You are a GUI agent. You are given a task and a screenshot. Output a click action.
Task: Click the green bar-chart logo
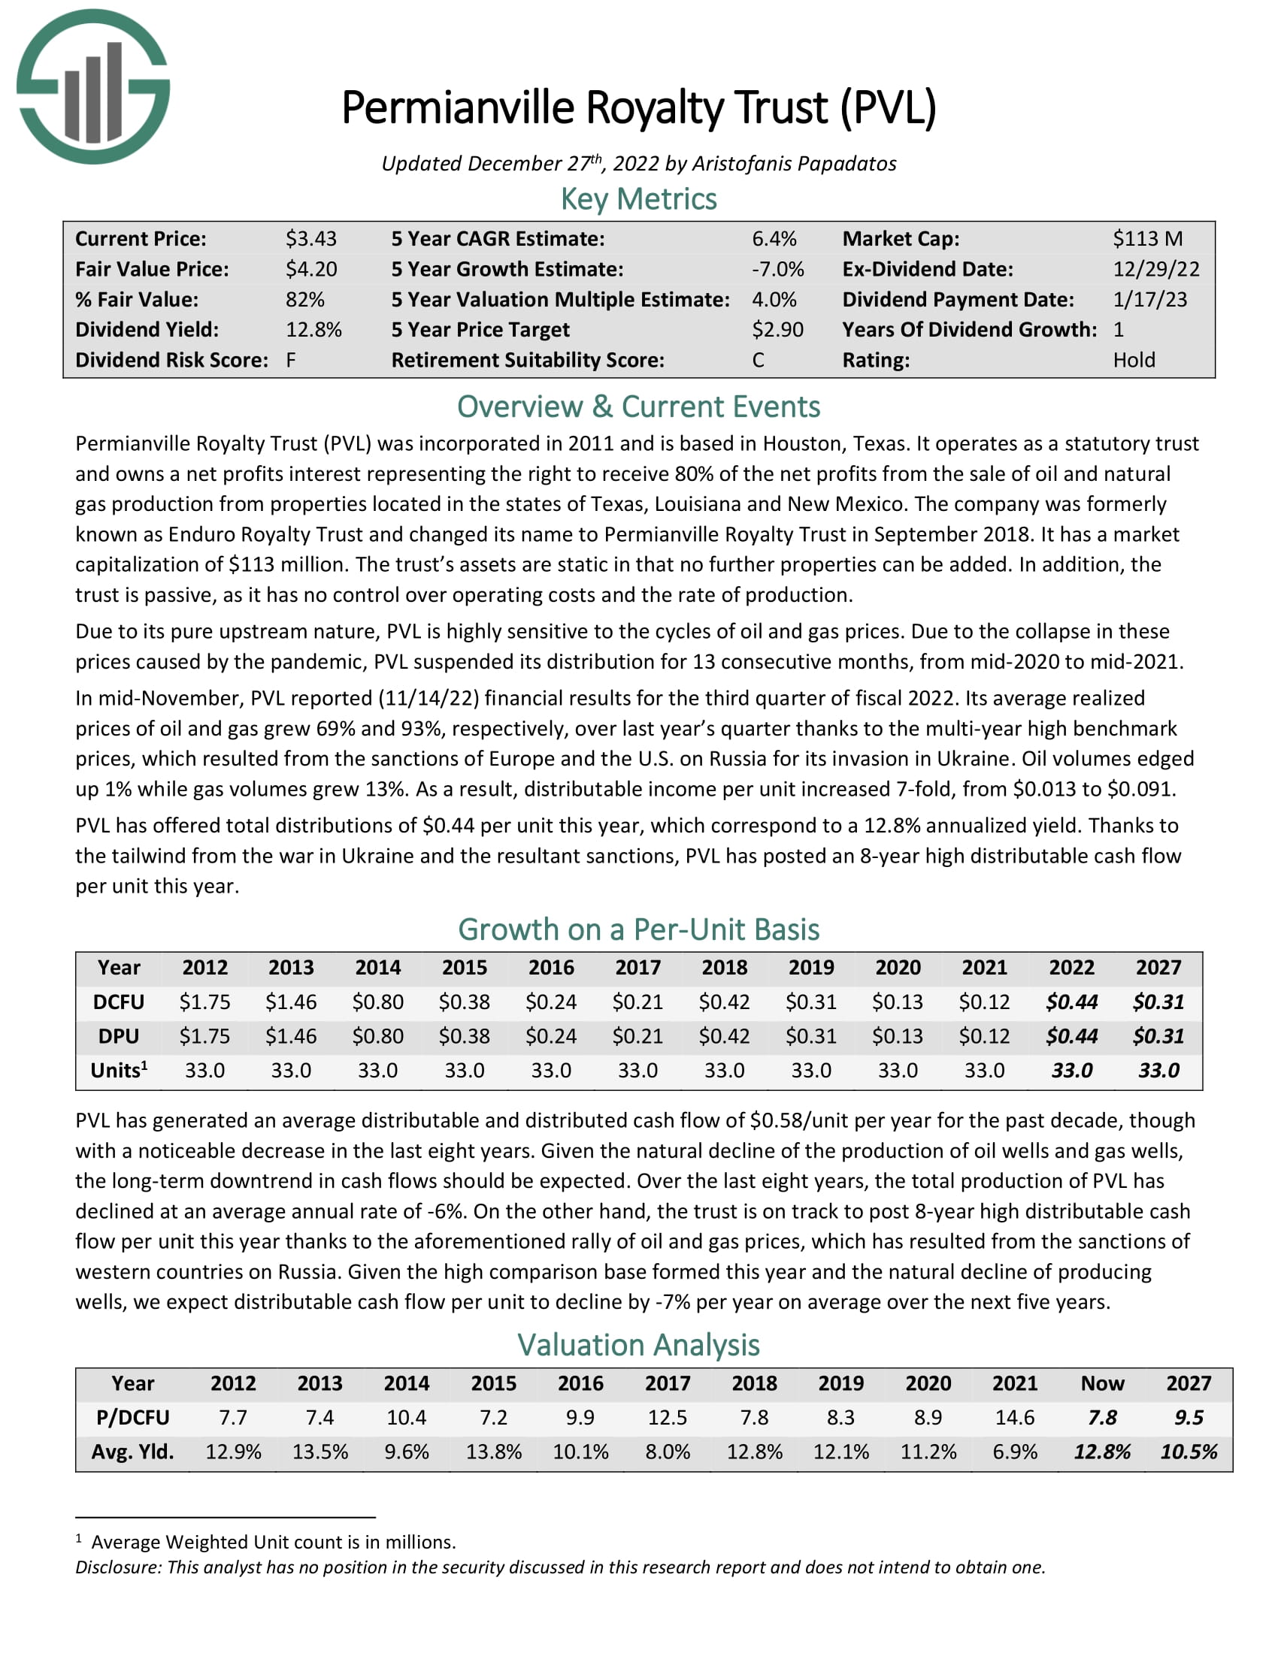[x=93, y=86]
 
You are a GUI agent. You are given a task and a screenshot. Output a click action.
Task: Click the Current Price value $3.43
[x=310, y=239]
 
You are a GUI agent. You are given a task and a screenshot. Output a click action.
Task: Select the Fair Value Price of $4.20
[x=310, y=270]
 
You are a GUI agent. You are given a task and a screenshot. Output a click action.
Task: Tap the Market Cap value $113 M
[x=1147, y=239]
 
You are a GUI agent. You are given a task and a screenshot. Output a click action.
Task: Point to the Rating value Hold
[x=1134, y=360]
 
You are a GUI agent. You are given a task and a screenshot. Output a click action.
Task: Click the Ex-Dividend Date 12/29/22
[x=1155, y=270]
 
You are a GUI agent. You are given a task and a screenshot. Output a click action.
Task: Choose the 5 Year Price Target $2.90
[x=777, y=330]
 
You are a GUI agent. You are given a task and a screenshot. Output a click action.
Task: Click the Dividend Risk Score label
[x=171, y=360]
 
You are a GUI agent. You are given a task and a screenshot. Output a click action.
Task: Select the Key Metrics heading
[x=638, y=199]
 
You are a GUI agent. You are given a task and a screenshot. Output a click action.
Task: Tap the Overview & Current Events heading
[x=638, y=407]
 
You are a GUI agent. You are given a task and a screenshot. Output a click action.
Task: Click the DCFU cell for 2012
[x=204, y=1002]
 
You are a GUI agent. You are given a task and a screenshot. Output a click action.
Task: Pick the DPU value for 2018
[x=724, y=1036]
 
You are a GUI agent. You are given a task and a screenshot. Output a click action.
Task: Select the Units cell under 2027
[x=1158, y=1070]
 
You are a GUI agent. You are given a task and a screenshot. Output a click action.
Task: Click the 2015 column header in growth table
[x=464, y=967]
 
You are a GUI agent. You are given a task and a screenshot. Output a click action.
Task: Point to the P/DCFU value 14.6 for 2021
[x=1015, y=1418]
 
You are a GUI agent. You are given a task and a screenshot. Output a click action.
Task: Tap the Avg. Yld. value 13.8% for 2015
[x=494, y=1452]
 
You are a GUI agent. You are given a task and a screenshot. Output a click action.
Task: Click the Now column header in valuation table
[x=1101, y=1383]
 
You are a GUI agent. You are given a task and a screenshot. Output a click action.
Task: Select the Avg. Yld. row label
[x=132, y=1452]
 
